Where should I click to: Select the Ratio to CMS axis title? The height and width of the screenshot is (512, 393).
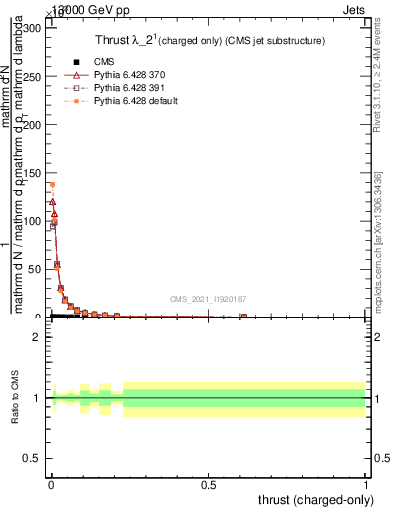click(x=15, y=398)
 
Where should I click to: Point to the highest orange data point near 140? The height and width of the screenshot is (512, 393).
click(x=52, y=184)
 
